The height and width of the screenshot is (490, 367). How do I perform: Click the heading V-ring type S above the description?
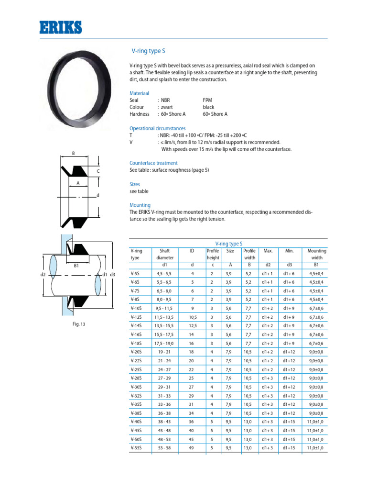click(x=149, y=50)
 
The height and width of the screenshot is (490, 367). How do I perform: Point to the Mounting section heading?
click(x=140, y=205)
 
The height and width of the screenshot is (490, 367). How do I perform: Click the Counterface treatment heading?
click(x=153, y=163)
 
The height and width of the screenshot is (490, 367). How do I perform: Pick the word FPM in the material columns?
click(x=207, y=100)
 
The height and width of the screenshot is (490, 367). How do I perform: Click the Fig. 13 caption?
click(x=79, y=324)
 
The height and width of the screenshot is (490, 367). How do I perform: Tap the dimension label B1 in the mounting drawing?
click(x=76, y=265)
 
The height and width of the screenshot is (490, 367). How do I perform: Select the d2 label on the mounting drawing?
click(x=42, y=275)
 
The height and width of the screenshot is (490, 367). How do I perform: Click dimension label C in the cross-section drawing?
click(x=97, y=170)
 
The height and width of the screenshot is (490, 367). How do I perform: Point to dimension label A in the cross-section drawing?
click(x=77, y=183)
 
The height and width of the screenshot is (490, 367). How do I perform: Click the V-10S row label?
click(x=136, y=308)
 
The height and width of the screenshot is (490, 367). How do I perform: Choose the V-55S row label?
click(x=136, y=448)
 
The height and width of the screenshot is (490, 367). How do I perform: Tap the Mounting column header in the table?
click(x=317, y=251)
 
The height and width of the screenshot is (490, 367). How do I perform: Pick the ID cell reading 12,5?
click(x=193, y=326)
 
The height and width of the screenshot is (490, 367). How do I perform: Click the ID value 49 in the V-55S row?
click(x=193, y=448)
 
